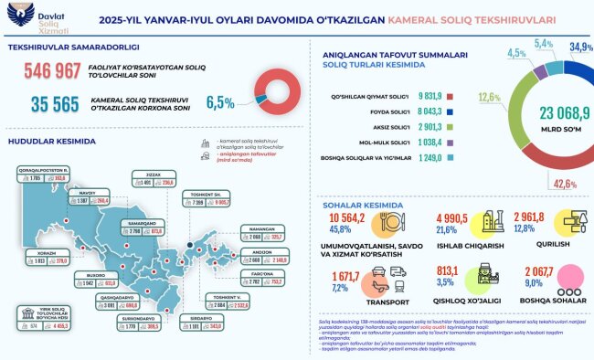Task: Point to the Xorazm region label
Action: pos(36,253)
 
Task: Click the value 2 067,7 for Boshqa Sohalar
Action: pos(531,273)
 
